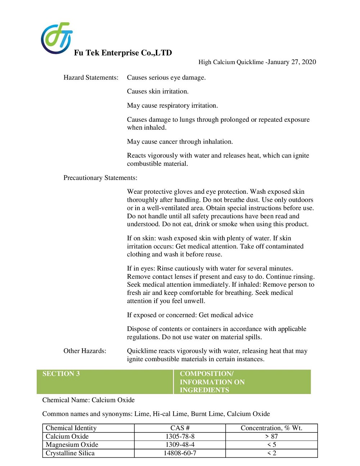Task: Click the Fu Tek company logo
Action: (x=57, y=38)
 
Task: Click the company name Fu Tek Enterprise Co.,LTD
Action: (x=123, y=53)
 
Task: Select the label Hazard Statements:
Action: (x=91, y=77)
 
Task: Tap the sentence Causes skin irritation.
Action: (x=158, y=91)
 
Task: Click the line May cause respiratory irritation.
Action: (x=172, y=106)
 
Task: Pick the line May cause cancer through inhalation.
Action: (x=180, y=142)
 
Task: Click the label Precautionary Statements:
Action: (x=100, y=178)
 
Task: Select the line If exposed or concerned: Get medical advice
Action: (x=190, y=315)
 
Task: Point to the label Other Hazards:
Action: (x=85, y=351)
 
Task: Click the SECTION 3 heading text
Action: (x=61, y=373)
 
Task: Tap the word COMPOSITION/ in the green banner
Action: (x=207, y=373)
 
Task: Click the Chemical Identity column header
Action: (x=71, y=428)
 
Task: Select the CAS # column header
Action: (x=180, y=428)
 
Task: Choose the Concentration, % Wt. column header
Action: (x=271, y=428)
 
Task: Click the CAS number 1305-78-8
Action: (x=180, y=436)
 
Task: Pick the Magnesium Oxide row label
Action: (x=72, y=444)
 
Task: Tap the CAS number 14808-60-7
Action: (x=180, y=453)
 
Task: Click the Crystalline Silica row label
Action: (x=70, y=453)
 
